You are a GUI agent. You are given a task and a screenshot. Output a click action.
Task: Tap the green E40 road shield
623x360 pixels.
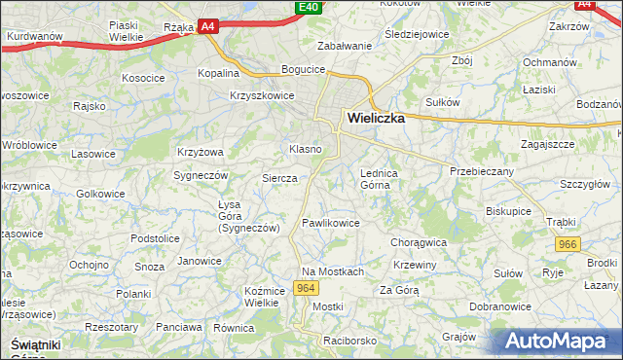[308, 7]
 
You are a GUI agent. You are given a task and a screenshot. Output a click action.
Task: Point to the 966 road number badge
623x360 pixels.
[567, 246]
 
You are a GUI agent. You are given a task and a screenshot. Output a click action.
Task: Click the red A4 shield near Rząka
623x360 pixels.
[207, 27]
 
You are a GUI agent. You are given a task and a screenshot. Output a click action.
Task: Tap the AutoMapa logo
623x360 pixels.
[559, 341]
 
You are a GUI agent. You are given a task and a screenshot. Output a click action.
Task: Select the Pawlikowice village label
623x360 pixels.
[331, 223]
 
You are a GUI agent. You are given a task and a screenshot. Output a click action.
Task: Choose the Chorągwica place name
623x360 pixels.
[418, 241]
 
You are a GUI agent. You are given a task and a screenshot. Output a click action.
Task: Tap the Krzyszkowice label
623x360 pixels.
[262, 95]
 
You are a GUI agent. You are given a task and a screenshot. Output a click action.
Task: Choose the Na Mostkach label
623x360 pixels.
[332, 271]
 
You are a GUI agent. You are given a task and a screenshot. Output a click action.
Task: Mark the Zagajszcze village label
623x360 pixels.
[547, 143]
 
